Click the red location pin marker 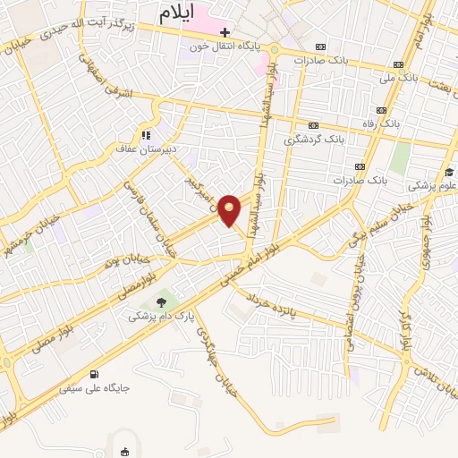point(230,208)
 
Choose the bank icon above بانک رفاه point(382,110)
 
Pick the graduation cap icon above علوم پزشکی point(448,173)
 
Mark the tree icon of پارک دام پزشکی point(162,302)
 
